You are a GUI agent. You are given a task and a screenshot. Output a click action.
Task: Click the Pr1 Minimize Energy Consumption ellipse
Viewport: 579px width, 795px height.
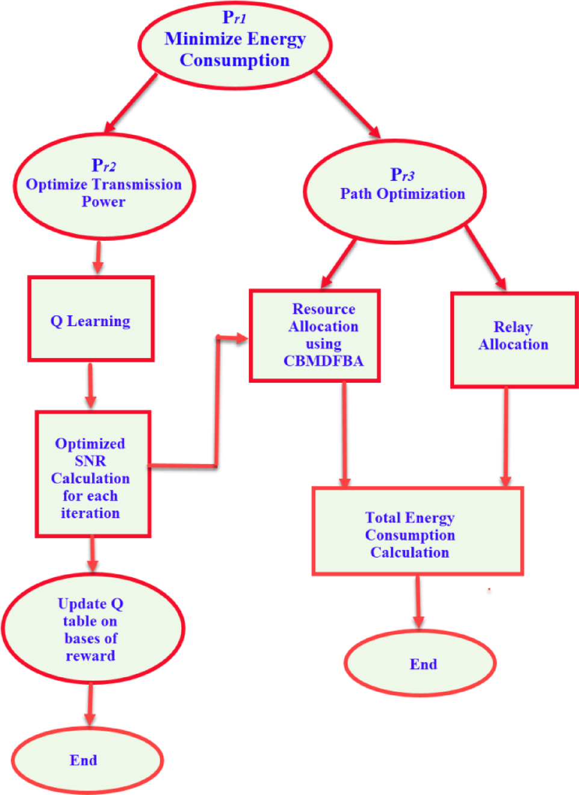coord(235,46)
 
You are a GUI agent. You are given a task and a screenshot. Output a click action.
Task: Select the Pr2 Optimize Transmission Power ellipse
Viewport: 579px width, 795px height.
coord(104,186)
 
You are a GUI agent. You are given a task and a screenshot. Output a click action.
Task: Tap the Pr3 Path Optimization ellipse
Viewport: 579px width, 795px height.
coord(395,191)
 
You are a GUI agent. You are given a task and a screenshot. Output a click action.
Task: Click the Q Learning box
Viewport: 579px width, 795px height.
coord(90,319)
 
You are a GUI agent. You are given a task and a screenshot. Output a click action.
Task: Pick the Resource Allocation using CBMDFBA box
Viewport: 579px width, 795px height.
coord(315,335)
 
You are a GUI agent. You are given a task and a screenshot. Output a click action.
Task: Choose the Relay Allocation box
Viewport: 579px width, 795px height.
coord(514,340)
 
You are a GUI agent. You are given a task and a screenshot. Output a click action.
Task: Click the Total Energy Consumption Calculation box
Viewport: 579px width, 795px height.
coord(417,531)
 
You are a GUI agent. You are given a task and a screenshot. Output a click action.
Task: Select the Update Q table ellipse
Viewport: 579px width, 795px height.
coord(93,629)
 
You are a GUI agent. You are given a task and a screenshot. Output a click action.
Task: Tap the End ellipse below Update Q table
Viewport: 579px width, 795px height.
coord(87,760)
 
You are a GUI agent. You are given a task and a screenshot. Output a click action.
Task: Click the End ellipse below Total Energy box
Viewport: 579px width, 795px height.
coord(420,663)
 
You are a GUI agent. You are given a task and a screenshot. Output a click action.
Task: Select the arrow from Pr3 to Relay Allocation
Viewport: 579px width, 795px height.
coord(485,258)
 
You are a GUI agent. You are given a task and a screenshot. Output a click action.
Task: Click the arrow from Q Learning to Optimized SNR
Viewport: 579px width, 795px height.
coord(90,385)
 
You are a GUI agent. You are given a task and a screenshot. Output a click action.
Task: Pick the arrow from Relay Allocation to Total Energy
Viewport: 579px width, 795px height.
coord(506,436)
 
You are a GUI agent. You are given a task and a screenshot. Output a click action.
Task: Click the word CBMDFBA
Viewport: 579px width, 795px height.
coord(323,361)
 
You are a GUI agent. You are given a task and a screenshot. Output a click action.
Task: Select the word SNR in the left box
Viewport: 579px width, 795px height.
coord(90,461)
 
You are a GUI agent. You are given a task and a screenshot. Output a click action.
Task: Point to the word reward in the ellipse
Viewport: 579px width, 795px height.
coord(90,656)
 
